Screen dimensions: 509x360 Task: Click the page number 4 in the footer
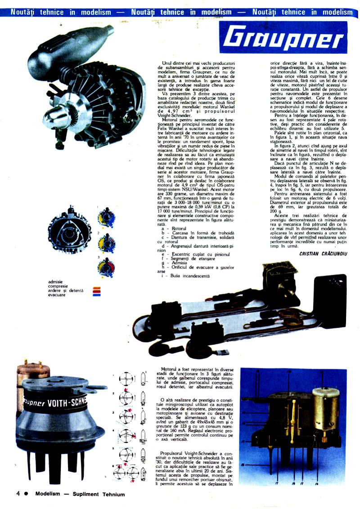(x=18, y=493)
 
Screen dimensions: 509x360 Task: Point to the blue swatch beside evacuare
(x=96, y=295)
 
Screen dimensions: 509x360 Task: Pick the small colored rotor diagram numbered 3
(x=106, y=268)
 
